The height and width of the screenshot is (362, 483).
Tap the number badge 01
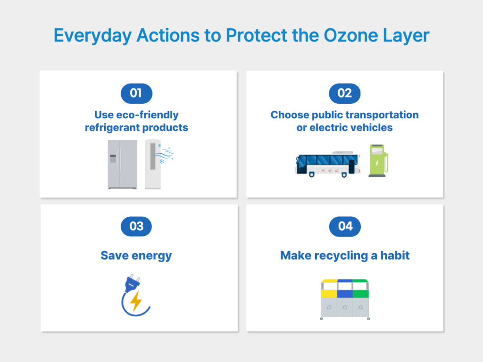[136, 93]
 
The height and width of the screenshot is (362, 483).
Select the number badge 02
[344, 93]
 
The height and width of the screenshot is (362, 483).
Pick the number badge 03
[136, 227]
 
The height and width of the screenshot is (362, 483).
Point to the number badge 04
[344, 227]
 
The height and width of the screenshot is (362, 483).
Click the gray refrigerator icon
[122, 164]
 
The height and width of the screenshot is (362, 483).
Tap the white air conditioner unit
[152, 164]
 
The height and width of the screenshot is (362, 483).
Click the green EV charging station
[378, 161]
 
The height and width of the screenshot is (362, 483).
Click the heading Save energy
[136, 255]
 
